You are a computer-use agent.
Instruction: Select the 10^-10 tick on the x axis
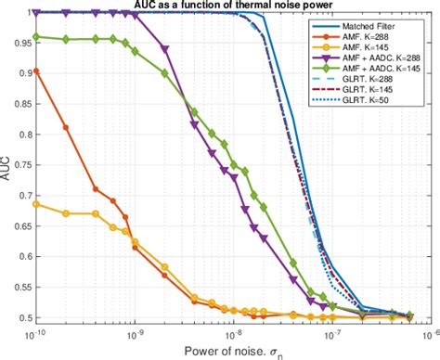tap(36, 331)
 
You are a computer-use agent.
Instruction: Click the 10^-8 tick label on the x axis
tap(233, 331)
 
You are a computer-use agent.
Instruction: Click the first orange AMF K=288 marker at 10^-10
tap(36, 71)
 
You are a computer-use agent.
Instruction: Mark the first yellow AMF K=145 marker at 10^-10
tap(36, 203)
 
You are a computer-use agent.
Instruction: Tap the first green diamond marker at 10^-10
tap(36, 37)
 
